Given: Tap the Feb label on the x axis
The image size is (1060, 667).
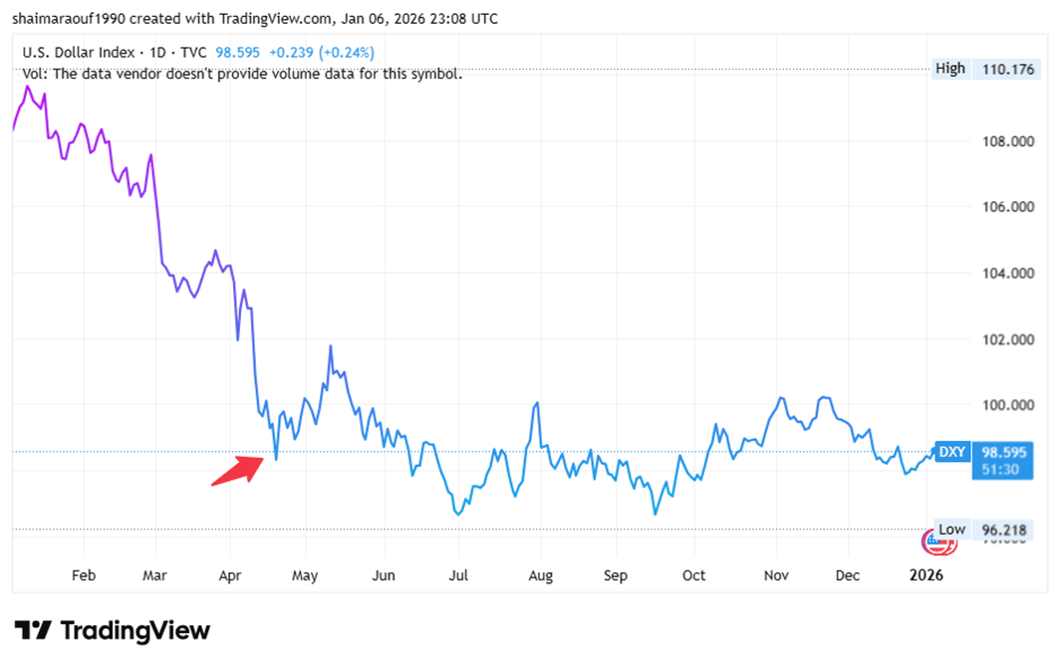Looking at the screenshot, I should pyautogui.click(x=84, y=575).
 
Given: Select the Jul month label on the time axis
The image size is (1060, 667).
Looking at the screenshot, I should pyautogui.click(x=459, y=575).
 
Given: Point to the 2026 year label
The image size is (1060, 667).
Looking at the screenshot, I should pyautogui.click(x=927, y=575).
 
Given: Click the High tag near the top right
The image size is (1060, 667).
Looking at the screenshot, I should pyautogui.click(x=950, y=69).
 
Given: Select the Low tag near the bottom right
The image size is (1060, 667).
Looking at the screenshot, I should pyautogui.click(x=951, y=530).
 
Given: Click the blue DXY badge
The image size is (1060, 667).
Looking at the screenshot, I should pyautogui.click(x=951, y=452).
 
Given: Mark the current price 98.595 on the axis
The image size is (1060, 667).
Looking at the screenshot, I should pyautogui.click(x=999, y=452).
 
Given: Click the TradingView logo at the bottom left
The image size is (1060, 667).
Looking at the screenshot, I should pyautogui.click(x=113, y=630).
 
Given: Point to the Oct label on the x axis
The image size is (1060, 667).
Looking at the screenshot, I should pyautogui.click(x=693, y=575).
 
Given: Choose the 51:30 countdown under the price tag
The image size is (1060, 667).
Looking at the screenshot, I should pyautogui.click(x=999, y=468).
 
